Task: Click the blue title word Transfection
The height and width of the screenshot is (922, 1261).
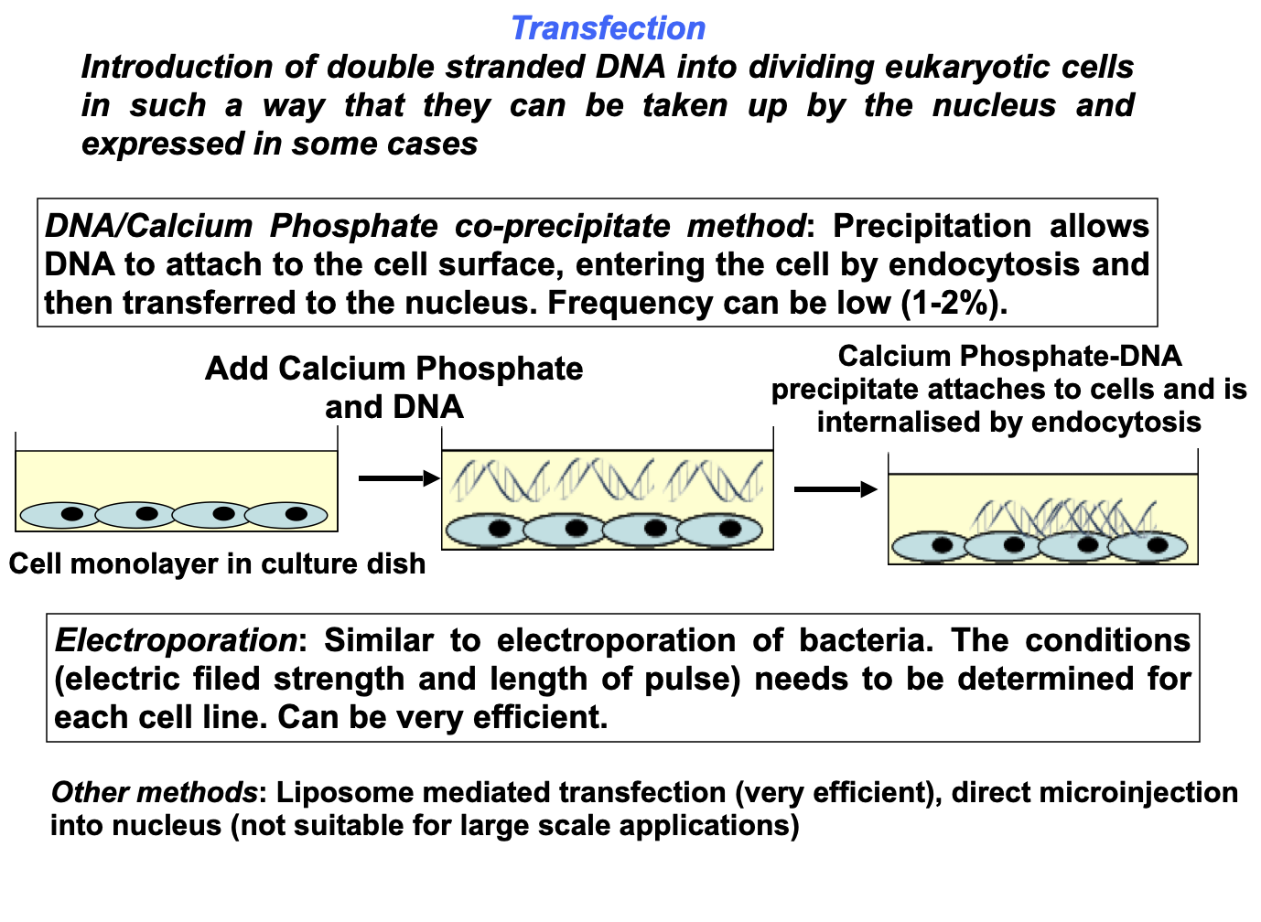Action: pos(608,28)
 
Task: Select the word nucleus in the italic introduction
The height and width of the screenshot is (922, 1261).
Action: pos(994,105)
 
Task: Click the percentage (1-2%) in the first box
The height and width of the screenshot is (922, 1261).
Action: pos(954,303)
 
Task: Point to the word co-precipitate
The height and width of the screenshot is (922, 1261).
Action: pos(563,227)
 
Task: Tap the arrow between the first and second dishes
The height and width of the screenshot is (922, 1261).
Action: pos(399,478)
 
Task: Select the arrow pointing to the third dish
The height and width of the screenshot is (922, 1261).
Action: pos(836,489)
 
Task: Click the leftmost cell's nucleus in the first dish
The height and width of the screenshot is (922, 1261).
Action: pos(72,514)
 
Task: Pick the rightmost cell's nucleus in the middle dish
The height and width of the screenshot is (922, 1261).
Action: pos(730,529)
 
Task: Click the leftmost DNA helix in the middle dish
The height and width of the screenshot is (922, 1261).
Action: pos(500,480)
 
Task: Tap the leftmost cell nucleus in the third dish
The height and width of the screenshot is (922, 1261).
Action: pos(943,545)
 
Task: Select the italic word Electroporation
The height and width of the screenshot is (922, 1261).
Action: pos(176,640)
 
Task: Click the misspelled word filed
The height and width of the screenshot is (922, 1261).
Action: pos(226,679)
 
